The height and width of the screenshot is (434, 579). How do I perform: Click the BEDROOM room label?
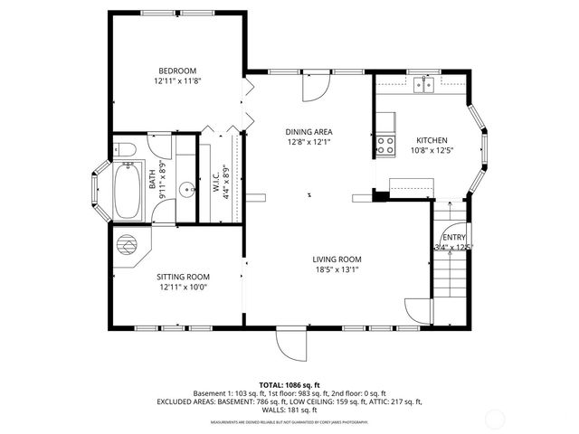pyautogui.click(x=177, y=71)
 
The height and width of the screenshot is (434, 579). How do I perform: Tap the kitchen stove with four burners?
pyautogui.click(x=385, y=144)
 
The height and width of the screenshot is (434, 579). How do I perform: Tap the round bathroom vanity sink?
pyautogui.click(x=186, y=190)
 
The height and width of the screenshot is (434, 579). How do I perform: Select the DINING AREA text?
pyautogui.click(x=309, y=131)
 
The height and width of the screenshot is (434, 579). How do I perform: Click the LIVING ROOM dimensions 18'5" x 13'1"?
pyautogui.click(x=337, y=269)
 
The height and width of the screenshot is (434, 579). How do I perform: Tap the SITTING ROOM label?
pyautogui.click(x=184, y=277)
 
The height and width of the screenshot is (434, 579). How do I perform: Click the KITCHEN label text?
pyautogui.click(x=432, y=139)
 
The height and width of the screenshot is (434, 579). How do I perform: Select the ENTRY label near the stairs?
pyautogui.click(x=453, y=236)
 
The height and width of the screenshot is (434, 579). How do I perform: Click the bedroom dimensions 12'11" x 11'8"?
pyautogui.click(x=177, y=81)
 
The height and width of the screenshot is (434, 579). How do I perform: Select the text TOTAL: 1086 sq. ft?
pyautogui.click(x=289, y=385)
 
